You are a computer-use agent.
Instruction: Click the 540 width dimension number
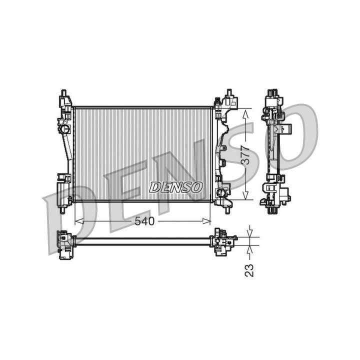[145, 221]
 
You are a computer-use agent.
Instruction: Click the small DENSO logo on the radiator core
[176, 187]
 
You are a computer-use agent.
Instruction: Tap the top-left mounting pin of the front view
[63, 93]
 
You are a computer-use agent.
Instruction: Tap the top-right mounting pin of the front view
[229, 92]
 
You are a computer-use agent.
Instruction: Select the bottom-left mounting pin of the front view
[62, 210]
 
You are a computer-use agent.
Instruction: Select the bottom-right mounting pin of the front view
[228, 210]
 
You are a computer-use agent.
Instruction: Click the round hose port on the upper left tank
[64, 129]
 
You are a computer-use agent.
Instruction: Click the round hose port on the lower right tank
[220, 192]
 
